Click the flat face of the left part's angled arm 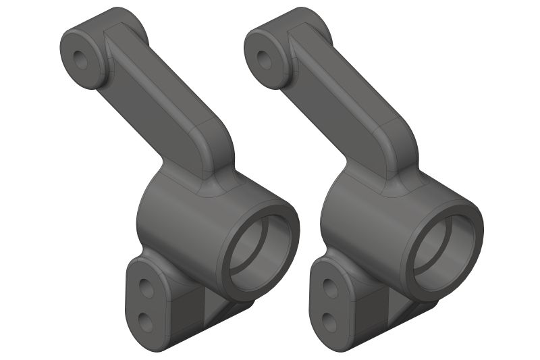[152, 101]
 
